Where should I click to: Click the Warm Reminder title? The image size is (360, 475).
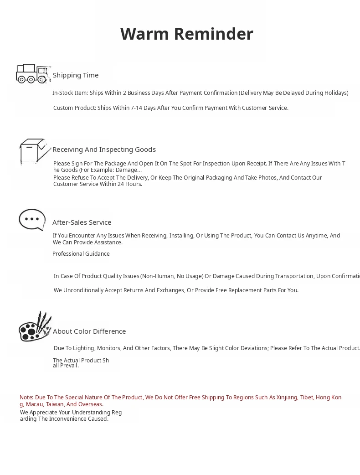(x=186, y=34)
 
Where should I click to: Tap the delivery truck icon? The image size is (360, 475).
(x=32, y=74)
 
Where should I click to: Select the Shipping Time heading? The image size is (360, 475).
(x=76, y=75)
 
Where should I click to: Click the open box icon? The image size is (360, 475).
(x=34, y=151)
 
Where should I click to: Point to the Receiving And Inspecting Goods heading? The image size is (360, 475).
(x=104, y=150)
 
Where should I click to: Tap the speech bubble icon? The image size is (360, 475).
(x=32, y=220)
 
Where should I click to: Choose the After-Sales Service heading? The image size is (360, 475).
(x=82, y=222)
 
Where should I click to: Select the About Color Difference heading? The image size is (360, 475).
(x=89, y=331)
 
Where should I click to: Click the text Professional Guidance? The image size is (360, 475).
(x=81, y=254)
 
